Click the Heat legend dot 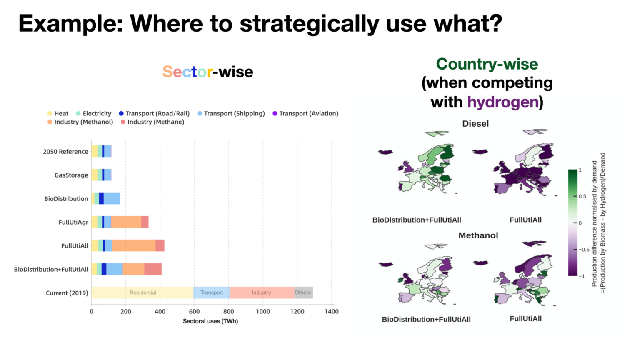coord(50,114)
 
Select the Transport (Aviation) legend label coord(309,114)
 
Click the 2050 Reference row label coord(65,151)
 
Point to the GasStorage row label coord(71,175)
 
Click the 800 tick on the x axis coord(229,311)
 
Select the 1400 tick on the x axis coord(331,311)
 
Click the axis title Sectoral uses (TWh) coord(210,321)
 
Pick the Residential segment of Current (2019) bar coord(142,292)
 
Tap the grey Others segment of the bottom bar coord(304,292)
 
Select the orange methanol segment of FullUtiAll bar coord(134,246)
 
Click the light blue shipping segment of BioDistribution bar coord(112,199)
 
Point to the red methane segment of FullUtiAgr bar coord(145,222)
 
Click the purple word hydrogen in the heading coord(503,102)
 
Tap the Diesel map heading coord(475,124)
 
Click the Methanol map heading coord(478,235)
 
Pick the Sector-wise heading coord(208,72)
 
